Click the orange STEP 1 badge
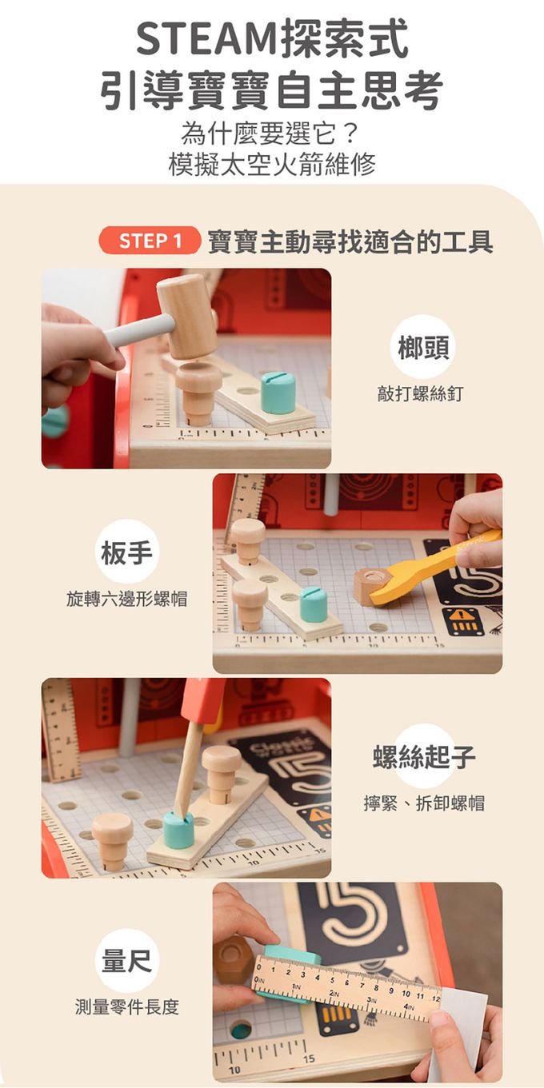150,241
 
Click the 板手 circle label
127,552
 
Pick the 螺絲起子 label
424,756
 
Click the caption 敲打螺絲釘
420,393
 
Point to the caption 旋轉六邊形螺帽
127,598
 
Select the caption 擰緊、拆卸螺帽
424,803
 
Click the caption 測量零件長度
127,1007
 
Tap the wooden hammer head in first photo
187,316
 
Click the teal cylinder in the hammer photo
278,393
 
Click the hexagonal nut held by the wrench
372,587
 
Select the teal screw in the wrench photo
314,604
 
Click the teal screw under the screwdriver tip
179,830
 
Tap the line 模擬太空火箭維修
271,163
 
